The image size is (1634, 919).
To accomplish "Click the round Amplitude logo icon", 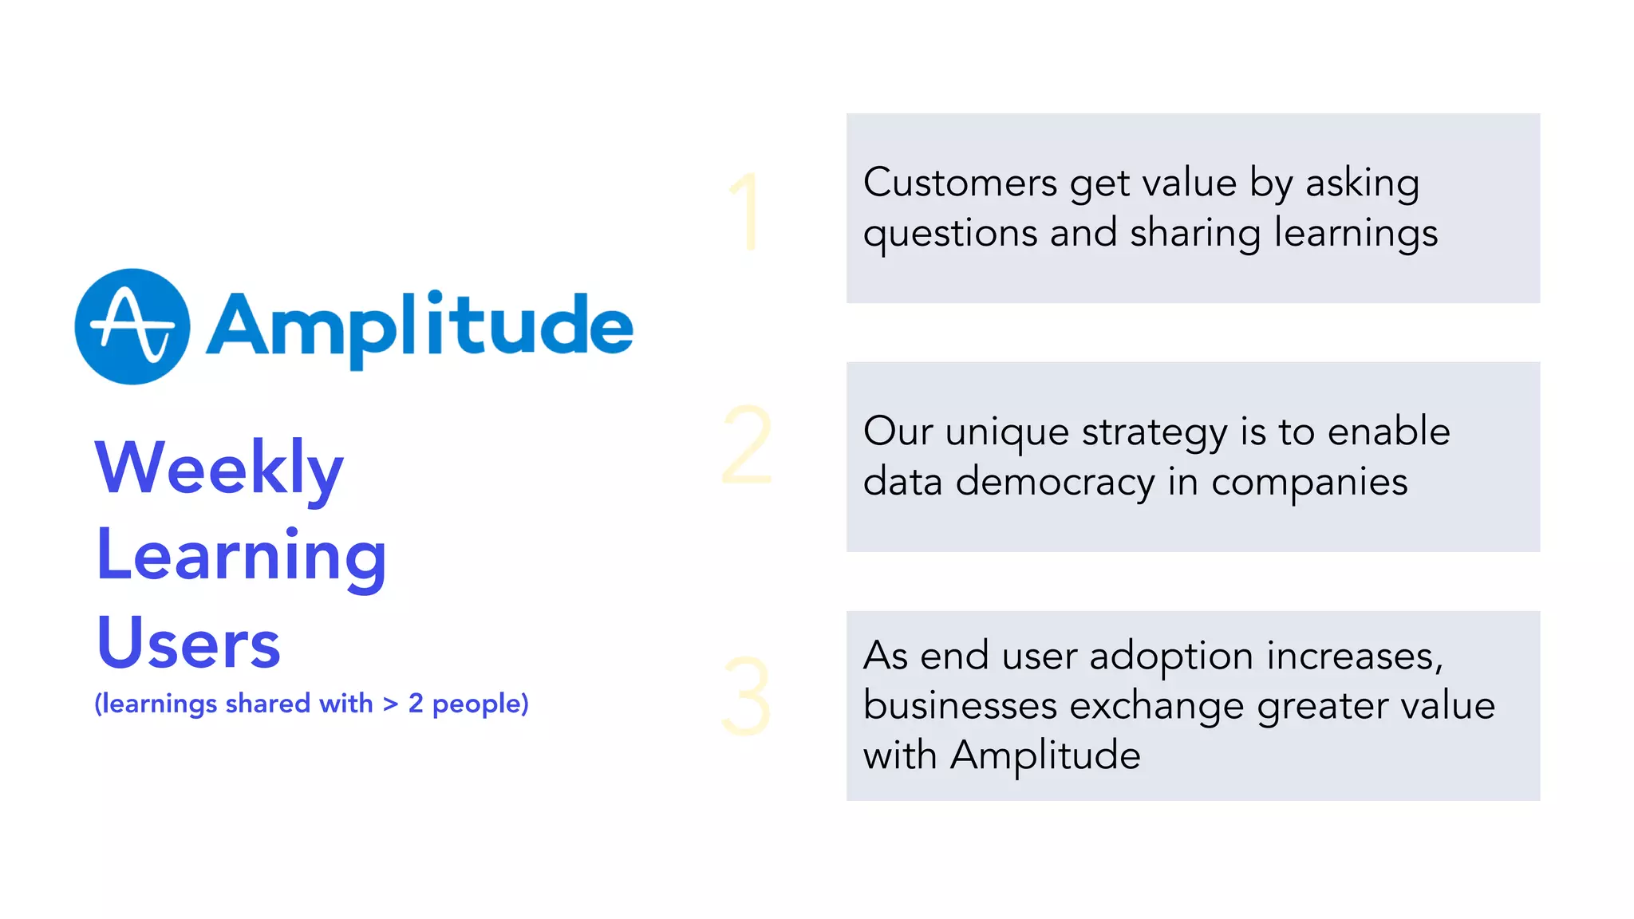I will click(x=132, y=326).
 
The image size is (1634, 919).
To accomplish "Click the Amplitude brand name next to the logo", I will click(x=420, y=326).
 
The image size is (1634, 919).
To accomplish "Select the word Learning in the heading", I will click(x=241, y=556).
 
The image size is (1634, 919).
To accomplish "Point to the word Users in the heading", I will click(x=188, y=643).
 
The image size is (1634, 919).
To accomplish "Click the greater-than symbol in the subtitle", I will click(x=390, y=704).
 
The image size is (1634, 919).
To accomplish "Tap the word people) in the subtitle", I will click(x=480, y=704).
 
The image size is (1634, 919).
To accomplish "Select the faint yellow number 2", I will click(x=747, y=444).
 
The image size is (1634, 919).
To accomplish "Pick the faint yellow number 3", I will click(x=746, y=696).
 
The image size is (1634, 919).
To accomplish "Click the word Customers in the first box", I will click(x=960, y=183).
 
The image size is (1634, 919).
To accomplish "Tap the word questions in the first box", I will click(x=950, y=235).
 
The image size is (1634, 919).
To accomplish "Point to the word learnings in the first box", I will click(x=1356, y=235).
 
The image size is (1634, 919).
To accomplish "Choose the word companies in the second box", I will click(x=1309, y=482).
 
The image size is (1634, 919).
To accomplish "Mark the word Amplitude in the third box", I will click(x=1045, y=755).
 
